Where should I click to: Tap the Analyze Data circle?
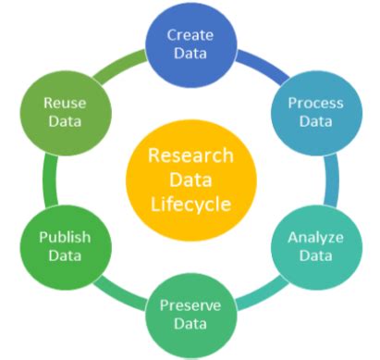click(315, 247)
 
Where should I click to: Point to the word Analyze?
click(316, 238)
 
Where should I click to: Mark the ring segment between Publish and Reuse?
click(41, 179)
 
